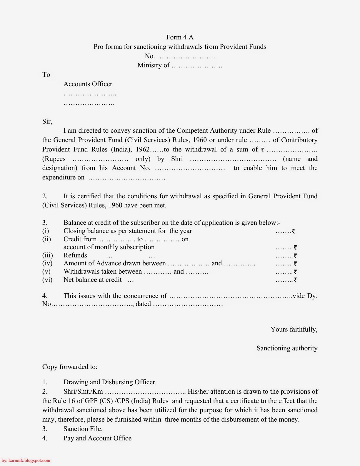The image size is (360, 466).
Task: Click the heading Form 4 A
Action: point(180,37)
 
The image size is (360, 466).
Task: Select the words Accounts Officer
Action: point(88,84)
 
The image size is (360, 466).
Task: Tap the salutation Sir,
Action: point(47,121)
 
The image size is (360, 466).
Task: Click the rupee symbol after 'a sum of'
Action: point(263,150)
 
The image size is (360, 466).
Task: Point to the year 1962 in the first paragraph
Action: point(143,149)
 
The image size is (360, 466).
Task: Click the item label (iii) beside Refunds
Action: point(47,255)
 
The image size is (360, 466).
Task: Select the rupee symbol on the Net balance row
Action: point(295,280)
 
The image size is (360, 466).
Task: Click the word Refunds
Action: point(75,255)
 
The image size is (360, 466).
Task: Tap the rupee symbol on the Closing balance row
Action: point(293,232)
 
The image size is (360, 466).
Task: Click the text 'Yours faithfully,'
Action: point(294,329)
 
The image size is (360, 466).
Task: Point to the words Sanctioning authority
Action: point(287,348)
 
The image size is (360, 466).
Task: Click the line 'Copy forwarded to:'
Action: point(70,367)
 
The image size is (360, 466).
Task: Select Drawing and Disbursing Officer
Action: point(110,382)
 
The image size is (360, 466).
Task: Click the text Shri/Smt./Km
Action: point(83,392)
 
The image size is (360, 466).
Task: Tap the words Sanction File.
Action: point(83,429)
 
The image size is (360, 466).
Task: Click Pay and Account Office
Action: point(97,438)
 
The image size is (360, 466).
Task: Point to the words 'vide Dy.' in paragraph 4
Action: point(305,296)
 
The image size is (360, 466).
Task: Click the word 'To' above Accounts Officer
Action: point(46,75)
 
